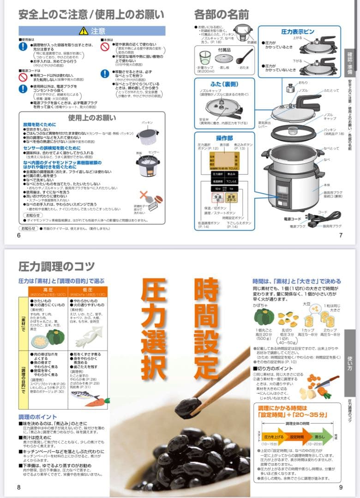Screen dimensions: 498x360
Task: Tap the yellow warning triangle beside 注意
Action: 84,31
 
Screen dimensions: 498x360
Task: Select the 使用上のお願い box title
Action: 92,117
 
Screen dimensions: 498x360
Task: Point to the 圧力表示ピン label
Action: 298,32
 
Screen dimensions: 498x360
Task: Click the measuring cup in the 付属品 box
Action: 205,57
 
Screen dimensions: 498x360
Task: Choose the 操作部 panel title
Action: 224,138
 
